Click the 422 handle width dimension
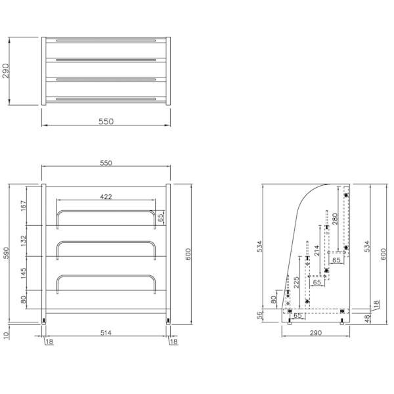tap(106, 196)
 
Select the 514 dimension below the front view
tap(106, 333)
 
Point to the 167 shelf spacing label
tap(23, 206)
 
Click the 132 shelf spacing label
tap(23, 241)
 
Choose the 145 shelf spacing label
tap(23, 273)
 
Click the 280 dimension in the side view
tap(335, 219)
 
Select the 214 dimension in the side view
tap(317, 251)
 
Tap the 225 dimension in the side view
tap(297, 282)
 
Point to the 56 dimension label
tap(260, 315)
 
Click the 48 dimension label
tap(367, 318)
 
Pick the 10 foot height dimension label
tap(6, 335)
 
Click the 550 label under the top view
tap(106, 121)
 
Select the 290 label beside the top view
tap(5, 71)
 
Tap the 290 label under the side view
tap(316, 333)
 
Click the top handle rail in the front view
tap(106, 211)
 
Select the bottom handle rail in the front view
tap(106, 276)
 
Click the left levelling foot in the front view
tap(44, 322)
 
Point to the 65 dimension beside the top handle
tap(161, 217)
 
